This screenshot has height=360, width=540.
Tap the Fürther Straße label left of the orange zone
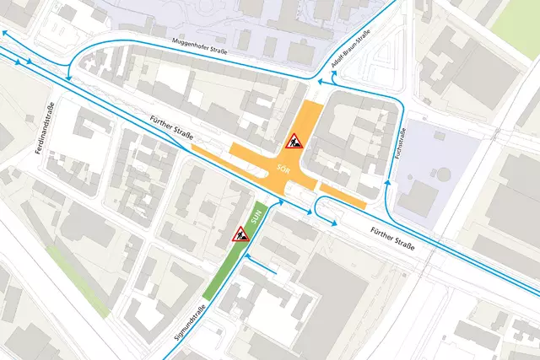click(173, 129)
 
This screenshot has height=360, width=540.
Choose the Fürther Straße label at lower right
click(393, 239)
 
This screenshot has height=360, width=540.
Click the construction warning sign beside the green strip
click(240, 237)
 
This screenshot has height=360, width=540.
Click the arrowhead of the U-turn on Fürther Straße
click(334, 223)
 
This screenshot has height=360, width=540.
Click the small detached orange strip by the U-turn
click(343, 196)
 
